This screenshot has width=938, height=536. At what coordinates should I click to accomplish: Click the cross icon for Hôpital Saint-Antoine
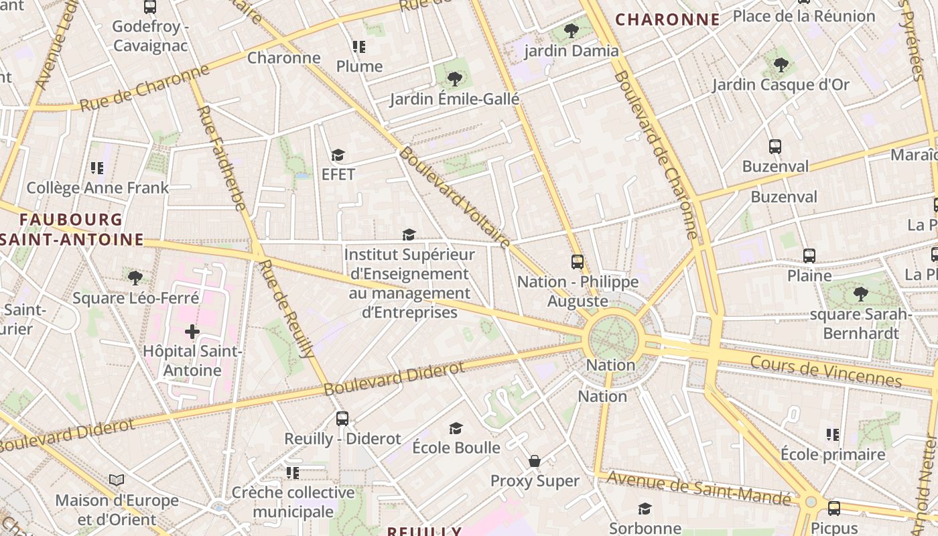[x=192, y=331]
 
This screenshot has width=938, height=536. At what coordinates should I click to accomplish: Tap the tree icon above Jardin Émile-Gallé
[x=455, y=78]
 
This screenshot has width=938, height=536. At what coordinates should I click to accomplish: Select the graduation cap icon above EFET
[x=338, y=155]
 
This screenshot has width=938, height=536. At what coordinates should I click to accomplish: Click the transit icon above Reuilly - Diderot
[x=342, y=419]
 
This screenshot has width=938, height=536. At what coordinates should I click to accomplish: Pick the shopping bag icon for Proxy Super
[x=535, y=461]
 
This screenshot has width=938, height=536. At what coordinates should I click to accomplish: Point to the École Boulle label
[x=456, y=448]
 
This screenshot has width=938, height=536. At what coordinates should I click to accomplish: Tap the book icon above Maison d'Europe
[x=117, y=480]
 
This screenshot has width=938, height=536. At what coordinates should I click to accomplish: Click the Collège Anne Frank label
[x=98, y=188]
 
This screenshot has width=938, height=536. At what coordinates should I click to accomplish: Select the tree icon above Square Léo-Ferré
[x=135, y=277]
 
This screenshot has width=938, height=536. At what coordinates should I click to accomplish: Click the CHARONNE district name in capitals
[x=667, y=20]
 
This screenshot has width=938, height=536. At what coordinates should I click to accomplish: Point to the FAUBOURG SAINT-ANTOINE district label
[x=72, y=229]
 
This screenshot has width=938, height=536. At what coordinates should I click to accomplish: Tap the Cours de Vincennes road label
[x=826, y=371]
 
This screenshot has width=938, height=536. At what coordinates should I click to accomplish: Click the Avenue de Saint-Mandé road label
[x=699, y=488]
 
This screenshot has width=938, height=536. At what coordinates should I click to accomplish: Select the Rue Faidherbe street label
[x=222, y=158]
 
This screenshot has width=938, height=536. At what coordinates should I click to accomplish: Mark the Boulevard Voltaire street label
[x=455, y=198]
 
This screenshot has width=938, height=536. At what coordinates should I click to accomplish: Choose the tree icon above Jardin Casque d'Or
[x=781, y=65]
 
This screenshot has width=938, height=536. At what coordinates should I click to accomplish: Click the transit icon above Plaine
[x=809, y=255]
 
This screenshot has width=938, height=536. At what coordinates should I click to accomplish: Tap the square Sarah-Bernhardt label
[x=861, y=324]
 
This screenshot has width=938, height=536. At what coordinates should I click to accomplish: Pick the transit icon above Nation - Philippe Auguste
[x=578, y=262]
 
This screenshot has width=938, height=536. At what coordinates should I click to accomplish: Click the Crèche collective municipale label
[x=293, y=503]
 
